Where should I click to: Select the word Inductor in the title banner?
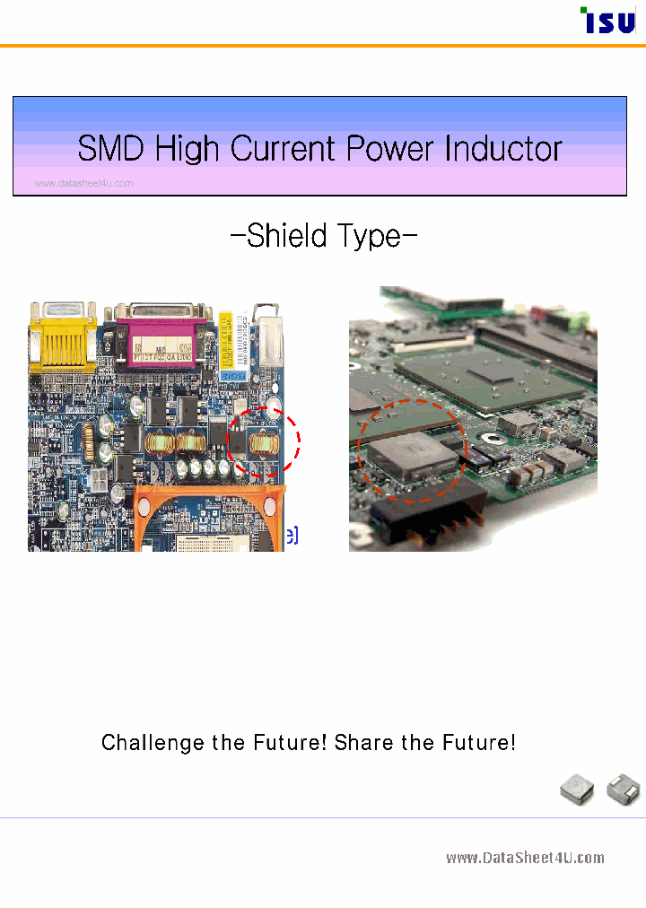[503, 149]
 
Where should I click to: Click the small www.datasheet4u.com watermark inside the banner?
[83, 184]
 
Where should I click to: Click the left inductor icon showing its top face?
[577, 790]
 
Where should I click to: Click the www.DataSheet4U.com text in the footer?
[525, 859]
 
